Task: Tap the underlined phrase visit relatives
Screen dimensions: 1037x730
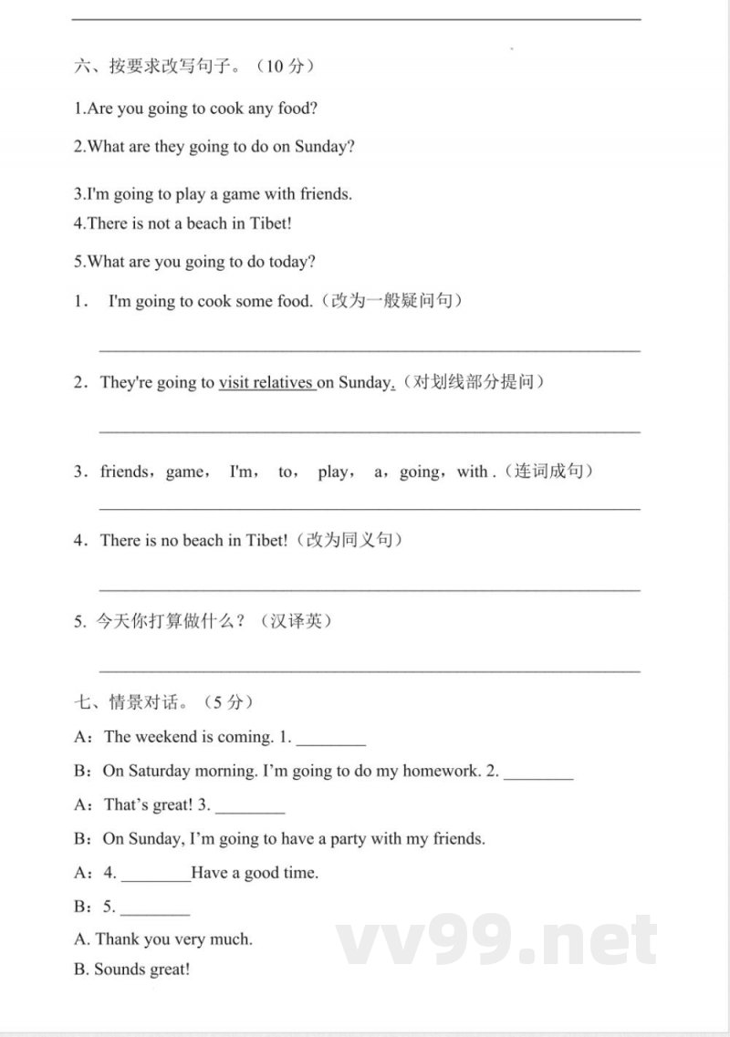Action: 266,383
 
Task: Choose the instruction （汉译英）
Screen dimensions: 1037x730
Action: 296,622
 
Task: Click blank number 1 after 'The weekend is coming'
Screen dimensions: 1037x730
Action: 331,740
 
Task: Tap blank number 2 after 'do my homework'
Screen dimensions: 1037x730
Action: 538,773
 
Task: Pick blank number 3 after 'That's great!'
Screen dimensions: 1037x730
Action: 250,807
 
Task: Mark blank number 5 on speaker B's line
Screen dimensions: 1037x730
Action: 155,909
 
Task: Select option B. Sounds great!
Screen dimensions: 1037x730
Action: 132,970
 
